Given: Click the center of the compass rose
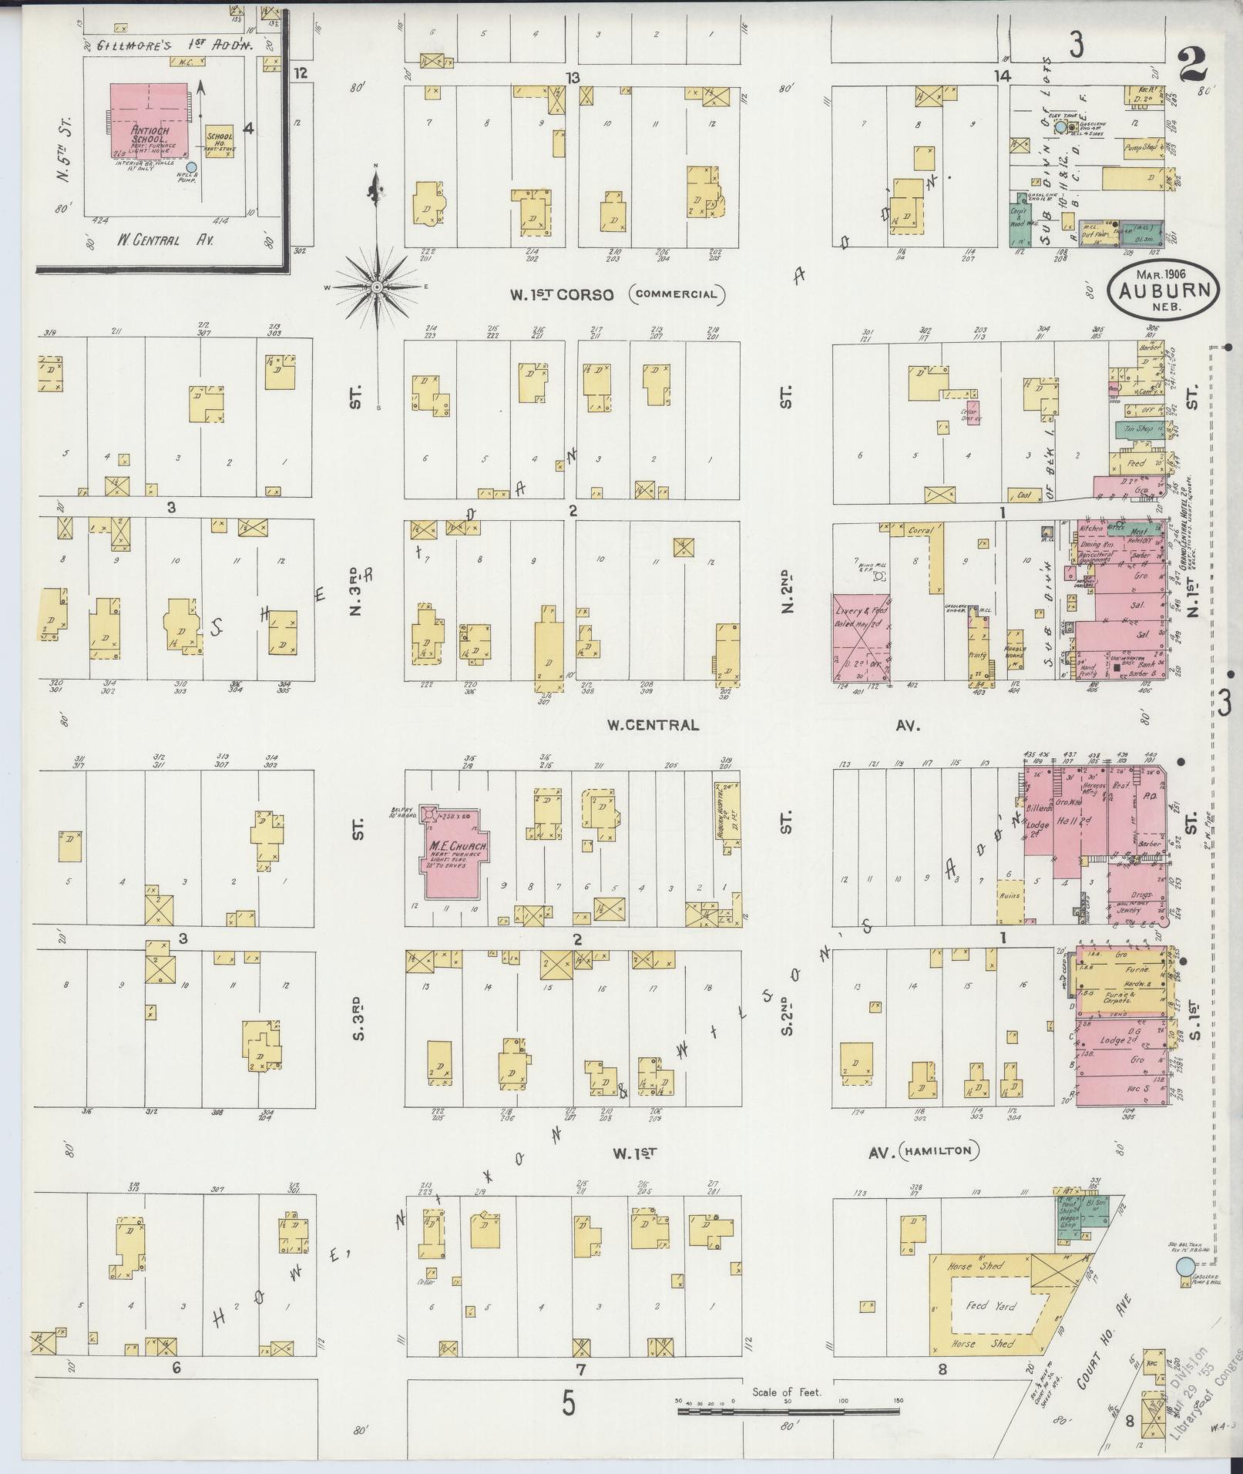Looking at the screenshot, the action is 377,287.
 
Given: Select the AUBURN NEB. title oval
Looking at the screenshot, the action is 1164,288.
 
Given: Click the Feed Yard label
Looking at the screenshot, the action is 990,1305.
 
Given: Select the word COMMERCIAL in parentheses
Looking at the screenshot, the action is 677,294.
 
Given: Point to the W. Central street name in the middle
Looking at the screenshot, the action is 652,724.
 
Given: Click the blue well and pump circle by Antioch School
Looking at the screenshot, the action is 192,166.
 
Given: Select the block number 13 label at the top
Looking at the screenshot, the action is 571,77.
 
